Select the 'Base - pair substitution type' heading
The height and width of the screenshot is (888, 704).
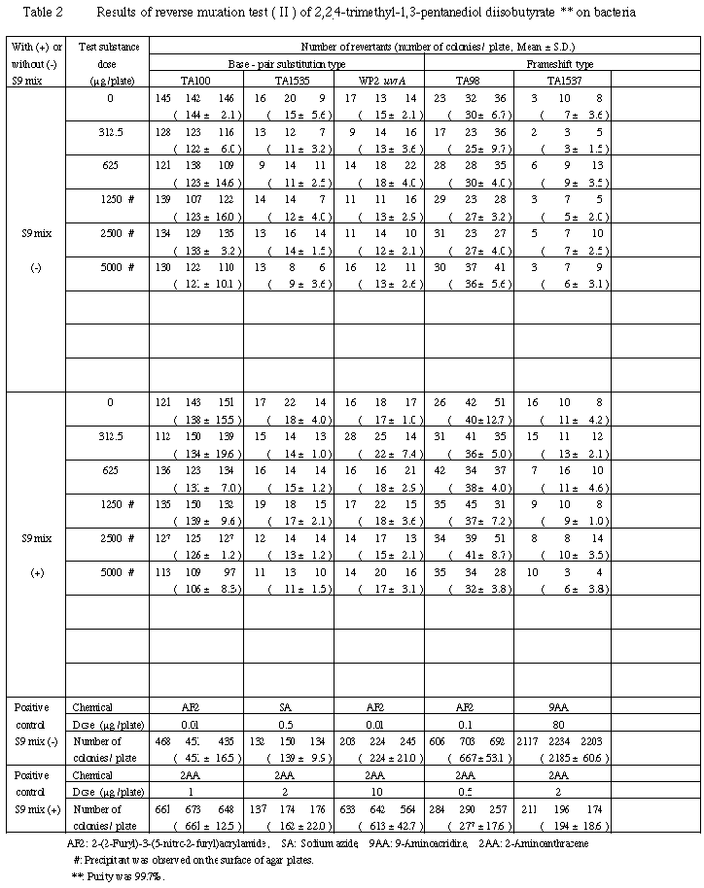[x=283, y=62]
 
